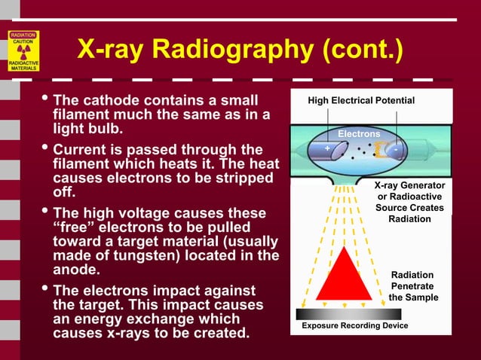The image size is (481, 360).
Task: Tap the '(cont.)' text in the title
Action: [x=357, y=51]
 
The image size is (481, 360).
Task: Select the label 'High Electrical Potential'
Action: [x=361, y=100]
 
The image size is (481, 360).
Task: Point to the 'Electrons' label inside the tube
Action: [x=359, y=133]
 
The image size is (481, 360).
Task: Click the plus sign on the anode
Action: [x=327, y=148]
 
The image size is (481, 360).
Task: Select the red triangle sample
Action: [x=343, y=275]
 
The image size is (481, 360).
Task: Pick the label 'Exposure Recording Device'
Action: [x=354, y=325]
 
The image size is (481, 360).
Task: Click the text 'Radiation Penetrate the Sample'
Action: [x=412, y=286]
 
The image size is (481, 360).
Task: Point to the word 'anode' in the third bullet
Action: [x=77, y=270]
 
